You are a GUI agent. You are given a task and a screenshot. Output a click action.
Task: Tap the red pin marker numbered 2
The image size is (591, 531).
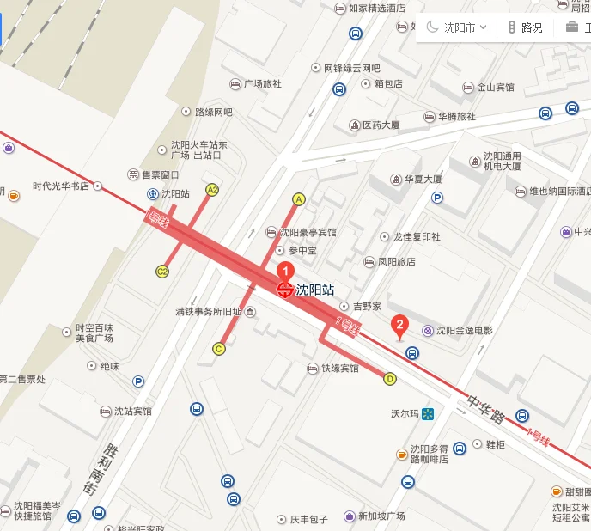[399, 326]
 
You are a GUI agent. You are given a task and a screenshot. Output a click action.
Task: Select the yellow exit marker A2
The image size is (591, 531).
[212, 190]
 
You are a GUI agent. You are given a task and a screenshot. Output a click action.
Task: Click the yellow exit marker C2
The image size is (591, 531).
[162, 272]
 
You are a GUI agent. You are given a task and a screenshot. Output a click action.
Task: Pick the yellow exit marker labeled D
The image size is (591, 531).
[390, 378]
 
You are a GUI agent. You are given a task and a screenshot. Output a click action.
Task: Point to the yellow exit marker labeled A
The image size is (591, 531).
[299, 199]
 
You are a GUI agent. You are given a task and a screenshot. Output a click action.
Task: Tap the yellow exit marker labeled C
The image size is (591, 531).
[219, 348]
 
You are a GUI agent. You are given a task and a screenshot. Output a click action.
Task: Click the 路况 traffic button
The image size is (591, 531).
[525, 27]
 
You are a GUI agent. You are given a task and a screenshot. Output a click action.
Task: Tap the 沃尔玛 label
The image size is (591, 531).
[404, 414]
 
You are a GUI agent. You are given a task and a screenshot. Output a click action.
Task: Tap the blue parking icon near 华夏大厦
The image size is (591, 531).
[437, 198]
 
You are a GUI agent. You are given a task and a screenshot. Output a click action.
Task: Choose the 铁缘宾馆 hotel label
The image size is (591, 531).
[333, 369]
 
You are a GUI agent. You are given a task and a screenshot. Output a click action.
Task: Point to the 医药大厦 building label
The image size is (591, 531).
[381, 125]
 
